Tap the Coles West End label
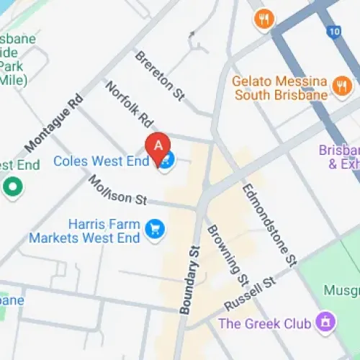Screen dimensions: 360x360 point(101,161)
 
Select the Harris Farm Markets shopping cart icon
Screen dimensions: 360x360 point(153,229)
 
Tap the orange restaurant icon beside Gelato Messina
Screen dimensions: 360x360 point(340,88)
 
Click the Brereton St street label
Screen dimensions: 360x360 point(155,71)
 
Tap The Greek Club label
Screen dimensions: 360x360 point(264,323)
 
